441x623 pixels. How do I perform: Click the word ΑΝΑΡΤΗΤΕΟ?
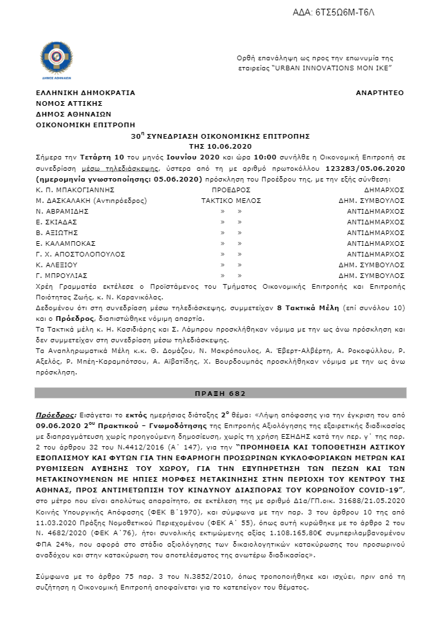point(380,93)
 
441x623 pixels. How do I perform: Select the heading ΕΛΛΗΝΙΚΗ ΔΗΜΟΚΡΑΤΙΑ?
point(86,93)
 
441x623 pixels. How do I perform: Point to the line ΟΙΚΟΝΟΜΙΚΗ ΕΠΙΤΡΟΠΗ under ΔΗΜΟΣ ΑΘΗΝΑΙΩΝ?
point(85,125)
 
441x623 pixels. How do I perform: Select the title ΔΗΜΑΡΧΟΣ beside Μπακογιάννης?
point(384,190)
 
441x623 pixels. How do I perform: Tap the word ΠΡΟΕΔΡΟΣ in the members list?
point(220,190)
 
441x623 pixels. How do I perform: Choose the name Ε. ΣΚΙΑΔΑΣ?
point(57,222)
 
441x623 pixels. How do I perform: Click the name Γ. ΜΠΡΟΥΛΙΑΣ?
point(62,275)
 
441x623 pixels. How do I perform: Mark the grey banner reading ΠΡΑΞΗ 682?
point(220,393)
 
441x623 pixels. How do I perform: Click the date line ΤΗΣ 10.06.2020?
point(220,146)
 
